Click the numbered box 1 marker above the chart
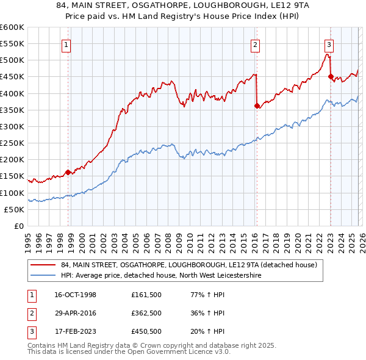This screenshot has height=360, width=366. click(x=65, y=44)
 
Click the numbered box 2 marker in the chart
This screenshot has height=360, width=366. click(x=254, y=44)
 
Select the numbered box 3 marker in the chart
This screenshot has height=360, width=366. click(x=329, y=44)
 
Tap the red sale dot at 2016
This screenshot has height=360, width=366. click(x=257, y=106)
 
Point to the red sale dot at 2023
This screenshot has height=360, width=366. click(x=331, y=76)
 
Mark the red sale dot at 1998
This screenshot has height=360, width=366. click(x=68, y=172)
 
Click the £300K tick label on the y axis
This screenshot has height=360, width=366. click(x=12, y=126)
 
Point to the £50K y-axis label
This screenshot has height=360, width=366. click(x=15, y=209)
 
